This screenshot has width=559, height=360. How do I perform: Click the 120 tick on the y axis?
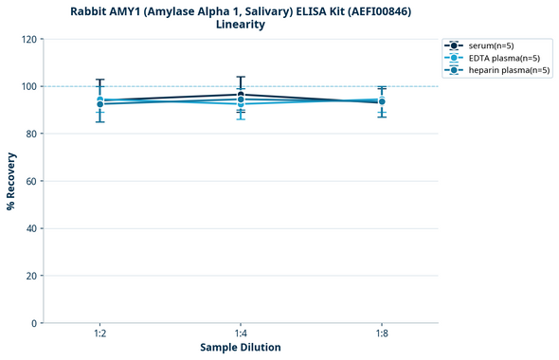coord(28,39)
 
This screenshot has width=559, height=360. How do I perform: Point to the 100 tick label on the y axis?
coord(28,86)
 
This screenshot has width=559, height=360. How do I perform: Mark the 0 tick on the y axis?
coord(34,323)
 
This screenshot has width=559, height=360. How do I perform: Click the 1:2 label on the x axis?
coord(99,333)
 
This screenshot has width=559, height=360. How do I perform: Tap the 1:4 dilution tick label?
coord(241,333)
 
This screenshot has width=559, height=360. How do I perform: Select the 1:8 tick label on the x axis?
coord(382,333)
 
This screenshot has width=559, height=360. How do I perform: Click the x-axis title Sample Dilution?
coord(241,348)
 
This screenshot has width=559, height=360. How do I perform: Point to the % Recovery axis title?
coord(11,181)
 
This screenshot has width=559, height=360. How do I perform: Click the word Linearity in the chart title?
coord(241,25)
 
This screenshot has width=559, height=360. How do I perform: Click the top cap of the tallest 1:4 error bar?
coord(241,77)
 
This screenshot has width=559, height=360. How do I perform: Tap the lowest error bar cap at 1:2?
coord(99,121)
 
